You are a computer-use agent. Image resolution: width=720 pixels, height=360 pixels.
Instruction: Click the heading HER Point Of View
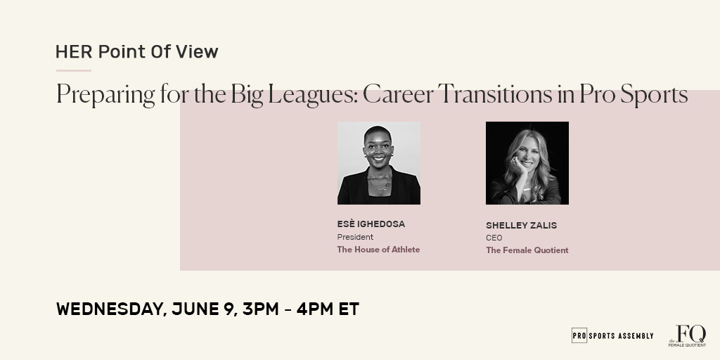click(x=137, y=51)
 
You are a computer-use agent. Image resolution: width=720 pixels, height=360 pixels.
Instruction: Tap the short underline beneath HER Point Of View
click(x=74, y=70)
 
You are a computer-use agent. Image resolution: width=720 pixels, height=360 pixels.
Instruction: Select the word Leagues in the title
click(x=320, y=95)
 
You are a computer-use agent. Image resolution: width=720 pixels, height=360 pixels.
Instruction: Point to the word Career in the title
click(x=397, y=95)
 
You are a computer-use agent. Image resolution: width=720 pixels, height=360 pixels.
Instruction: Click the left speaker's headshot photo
click(x=379, y=163)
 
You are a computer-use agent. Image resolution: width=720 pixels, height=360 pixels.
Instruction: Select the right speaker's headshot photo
click(x=527, y=163)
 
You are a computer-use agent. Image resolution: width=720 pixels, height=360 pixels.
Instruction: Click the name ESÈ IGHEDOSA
click(x=371, y=224)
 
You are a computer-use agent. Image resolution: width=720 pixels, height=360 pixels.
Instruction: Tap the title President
click(x=355, y=237)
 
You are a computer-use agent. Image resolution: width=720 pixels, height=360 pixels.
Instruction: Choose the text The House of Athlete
click(x=378, y=250)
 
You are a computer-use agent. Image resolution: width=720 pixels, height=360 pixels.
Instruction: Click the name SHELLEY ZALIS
click(x=521, y=225)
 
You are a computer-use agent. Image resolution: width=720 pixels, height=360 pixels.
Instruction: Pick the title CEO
click(x=494, y=238)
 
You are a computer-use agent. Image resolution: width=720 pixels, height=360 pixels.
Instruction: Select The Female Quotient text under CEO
click(x=527, y=250)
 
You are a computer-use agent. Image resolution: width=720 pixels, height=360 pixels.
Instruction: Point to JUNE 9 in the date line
click(x=203, y=309)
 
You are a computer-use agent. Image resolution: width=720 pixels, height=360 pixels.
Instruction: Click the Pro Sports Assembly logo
click(x=612, y=335)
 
